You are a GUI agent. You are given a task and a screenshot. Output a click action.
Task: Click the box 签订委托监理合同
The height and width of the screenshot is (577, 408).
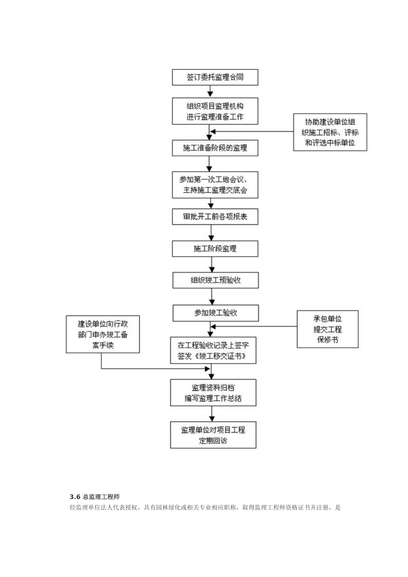click(x=215, y=78)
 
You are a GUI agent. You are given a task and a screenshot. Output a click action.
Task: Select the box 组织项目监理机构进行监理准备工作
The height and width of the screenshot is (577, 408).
click(x=215, y=111)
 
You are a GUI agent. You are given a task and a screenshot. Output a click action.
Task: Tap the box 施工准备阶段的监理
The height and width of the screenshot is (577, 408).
click(x=215, y=148)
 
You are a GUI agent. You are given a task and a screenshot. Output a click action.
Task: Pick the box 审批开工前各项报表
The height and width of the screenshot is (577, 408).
click(x=215, y=217)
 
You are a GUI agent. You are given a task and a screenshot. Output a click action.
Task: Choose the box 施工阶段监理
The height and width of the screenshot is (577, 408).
click(x=215, y=249)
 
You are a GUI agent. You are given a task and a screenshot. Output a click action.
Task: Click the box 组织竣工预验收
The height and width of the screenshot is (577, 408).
click(x=215, y=280)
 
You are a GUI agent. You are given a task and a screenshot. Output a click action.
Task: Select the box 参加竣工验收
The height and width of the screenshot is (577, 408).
click(x=216, y=313)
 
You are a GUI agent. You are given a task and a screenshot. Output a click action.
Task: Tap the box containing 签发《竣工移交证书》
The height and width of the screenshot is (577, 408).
click(x=213, y=350)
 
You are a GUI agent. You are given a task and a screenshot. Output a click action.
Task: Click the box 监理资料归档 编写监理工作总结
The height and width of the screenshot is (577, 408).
click(x=213, y=393)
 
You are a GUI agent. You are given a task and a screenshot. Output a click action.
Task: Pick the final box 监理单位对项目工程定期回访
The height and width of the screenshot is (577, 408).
click(x=213, y=435)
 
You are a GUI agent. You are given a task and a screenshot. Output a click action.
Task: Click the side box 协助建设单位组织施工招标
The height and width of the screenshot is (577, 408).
click(x=330, y=132)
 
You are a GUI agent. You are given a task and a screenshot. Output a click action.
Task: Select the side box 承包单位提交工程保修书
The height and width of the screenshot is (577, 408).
click(x=327, y=329)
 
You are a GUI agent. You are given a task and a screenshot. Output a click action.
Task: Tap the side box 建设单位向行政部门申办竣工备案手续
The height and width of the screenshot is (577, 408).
click(x=103, y=334)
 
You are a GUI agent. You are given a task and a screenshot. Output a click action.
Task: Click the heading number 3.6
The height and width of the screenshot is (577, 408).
click(x=75, y=497)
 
